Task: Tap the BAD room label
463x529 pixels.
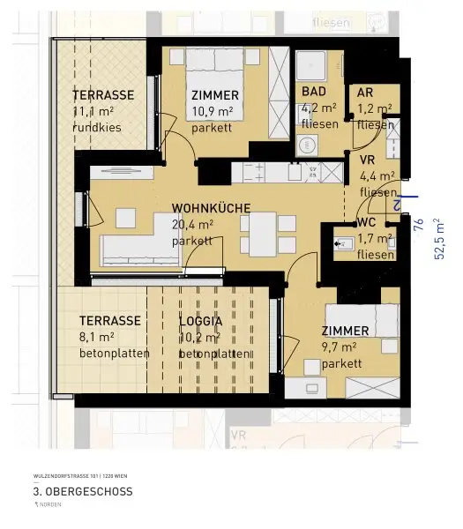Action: pyautogui.click(x=314, y=92)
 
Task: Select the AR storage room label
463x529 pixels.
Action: pyautogui.click(x=365, y=93)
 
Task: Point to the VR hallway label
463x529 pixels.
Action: pyautogui.click(x=368, y=160)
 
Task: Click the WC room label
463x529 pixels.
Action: pyautogui.click(x=368, y=222)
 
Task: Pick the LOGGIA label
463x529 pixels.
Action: pyautogui.click(x=205, y=321)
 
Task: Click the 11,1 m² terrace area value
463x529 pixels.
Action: pyautogui.click(x=93, y=111)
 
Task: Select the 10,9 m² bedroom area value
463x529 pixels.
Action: pyautogui.click(x=211, y=111)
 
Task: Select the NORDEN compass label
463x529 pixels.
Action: pyautogui.click(x=54, y=506)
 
